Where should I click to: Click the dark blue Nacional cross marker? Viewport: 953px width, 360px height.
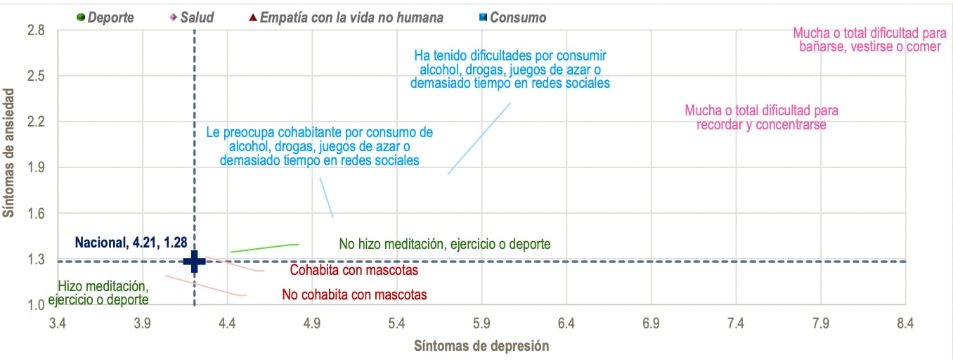pyautogui.click(x=194, y=261)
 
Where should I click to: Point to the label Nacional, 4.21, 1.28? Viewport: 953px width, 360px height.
pyautogui.click(x=131, y=243)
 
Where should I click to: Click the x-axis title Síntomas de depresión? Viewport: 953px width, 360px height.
pyautogui.click(x=481, y=346)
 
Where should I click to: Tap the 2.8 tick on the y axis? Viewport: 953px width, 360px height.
pyautogui.click(x=36, y=30)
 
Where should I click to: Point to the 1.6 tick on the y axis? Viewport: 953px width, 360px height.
pyautogui.click(x=36, y=214)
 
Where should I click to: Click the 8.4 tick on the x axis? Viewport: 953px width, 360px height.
pyautogui.click(x=905, y=323)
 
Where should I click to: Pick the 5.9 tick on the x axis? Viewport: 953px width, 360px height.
pyautogui.click(x=481, y=323)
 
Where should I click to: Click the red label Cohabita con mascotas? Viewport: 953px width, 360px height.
pyautogui.click(x=354, y=271)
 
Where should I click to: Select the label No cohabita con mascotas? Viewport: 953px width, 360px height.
pyautogui.click(x=354, y=295)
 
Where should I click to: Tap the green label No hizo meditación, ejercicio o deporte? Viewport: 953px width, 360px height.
pyautogui.click(x=444, y=244)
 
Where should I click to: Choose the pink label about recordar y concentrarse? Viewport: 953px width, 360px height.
pyautogui.click(x=761, y=117)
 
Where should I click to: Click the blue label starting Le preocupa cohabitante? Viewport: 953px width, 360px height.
pyautogui.click(x=319, y=146)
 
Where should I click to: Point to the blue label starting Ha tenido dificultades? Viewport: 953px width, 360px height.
pyautogui.click(x=510, y=69)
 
